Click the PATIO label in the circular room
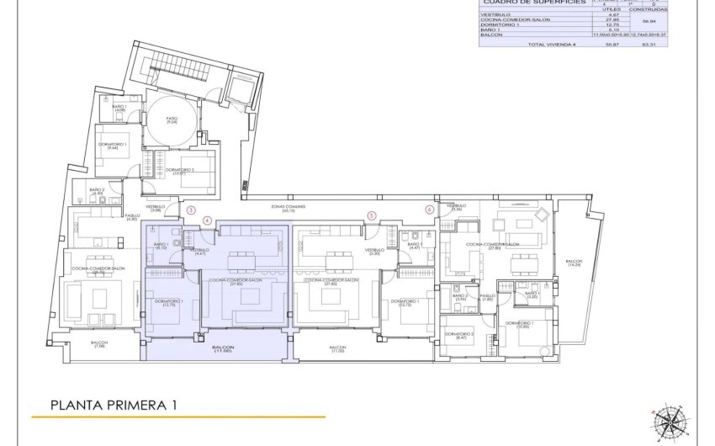coord(171,120)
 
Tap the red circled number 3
coord(191,210)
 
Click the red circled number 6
coord(429,210)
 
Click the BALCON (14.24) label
coord(573,263)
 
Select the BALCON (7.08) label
coord(99,345)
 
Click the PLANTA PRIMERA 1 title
coord(113,405)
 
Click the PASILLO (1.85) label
coord(487,297)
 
